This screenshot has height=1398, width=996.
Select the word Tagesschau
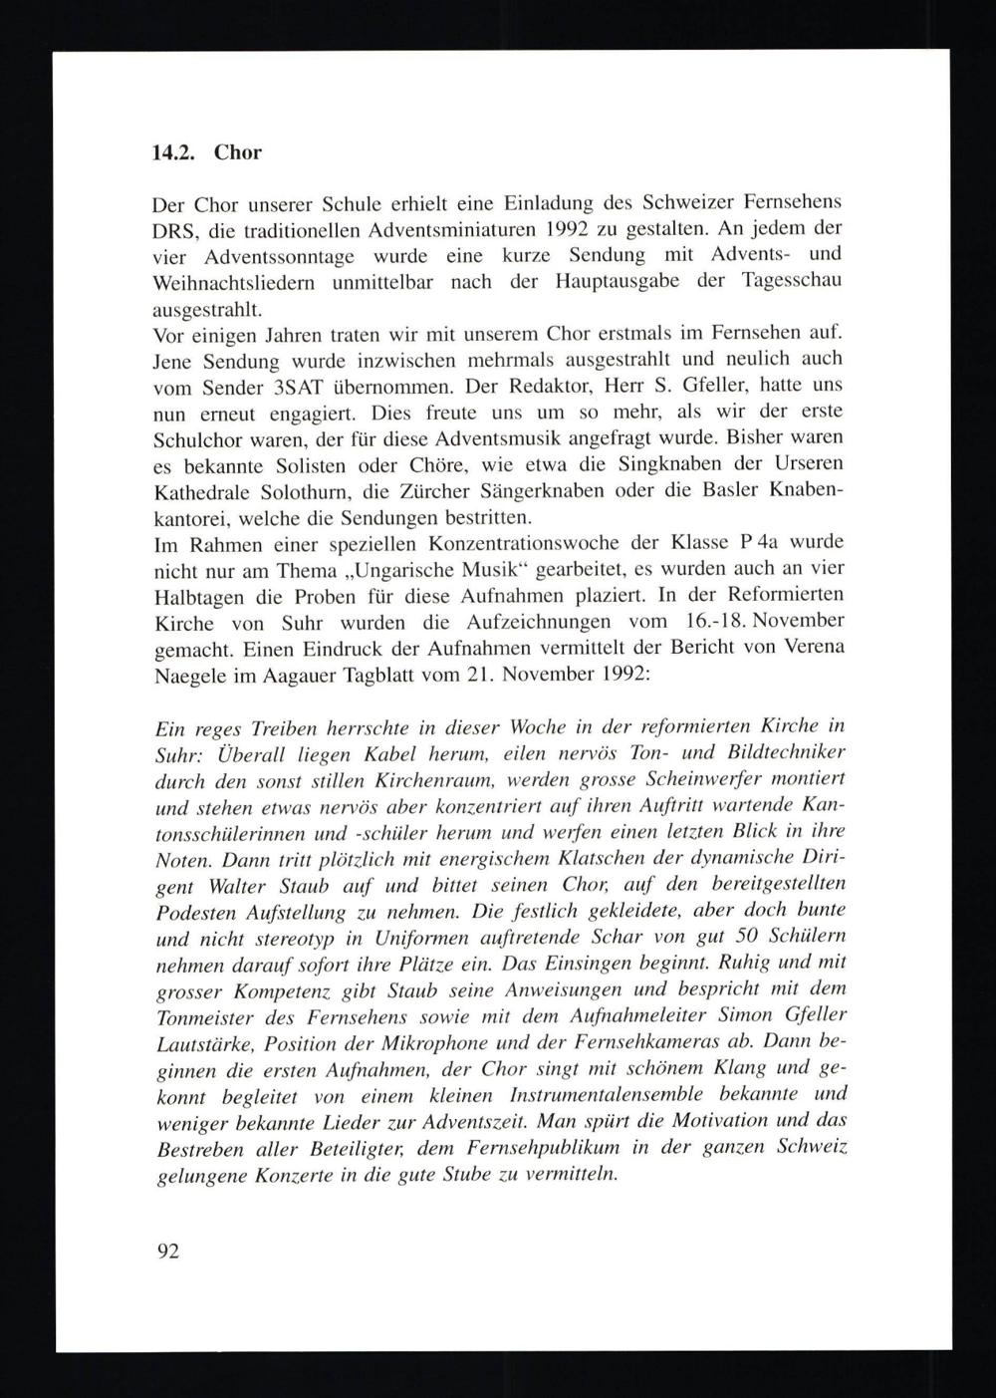click(793, 280)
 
